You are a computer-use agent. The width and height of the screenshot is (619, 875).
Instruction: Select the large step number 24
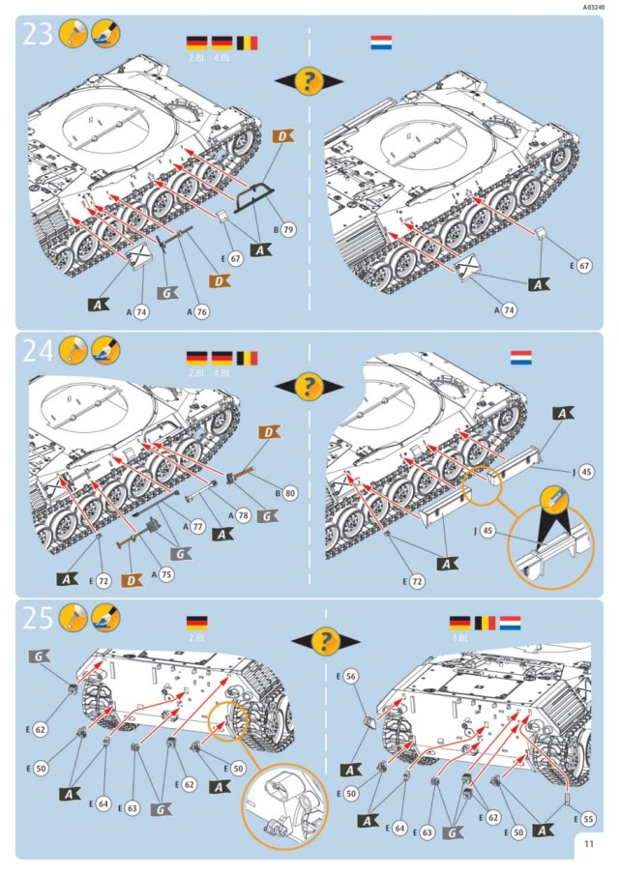[40, 351]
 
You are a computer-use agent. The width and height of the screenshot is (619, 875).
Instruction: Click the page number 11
[590, 844]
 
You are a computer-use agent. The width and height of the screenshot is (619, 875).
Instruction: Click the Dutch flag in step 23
[380, 43]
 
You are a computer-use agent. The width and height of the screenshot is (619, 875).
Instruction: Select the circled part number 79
[289, 230]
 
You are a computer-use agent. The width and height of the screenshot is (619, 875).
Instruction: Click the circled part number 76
[201, 311]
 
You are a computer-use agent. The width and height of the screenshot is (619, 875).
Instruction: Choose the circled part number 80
[289, 493]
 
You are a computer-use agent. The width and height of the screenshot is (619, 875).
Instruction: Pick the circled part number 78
[244, 512]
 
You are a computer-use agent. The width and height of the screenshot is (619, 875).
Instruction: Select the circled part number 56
[351, 678]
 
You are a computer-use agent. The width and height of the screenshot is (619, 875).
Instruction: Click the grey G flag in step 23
[166, 293]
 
